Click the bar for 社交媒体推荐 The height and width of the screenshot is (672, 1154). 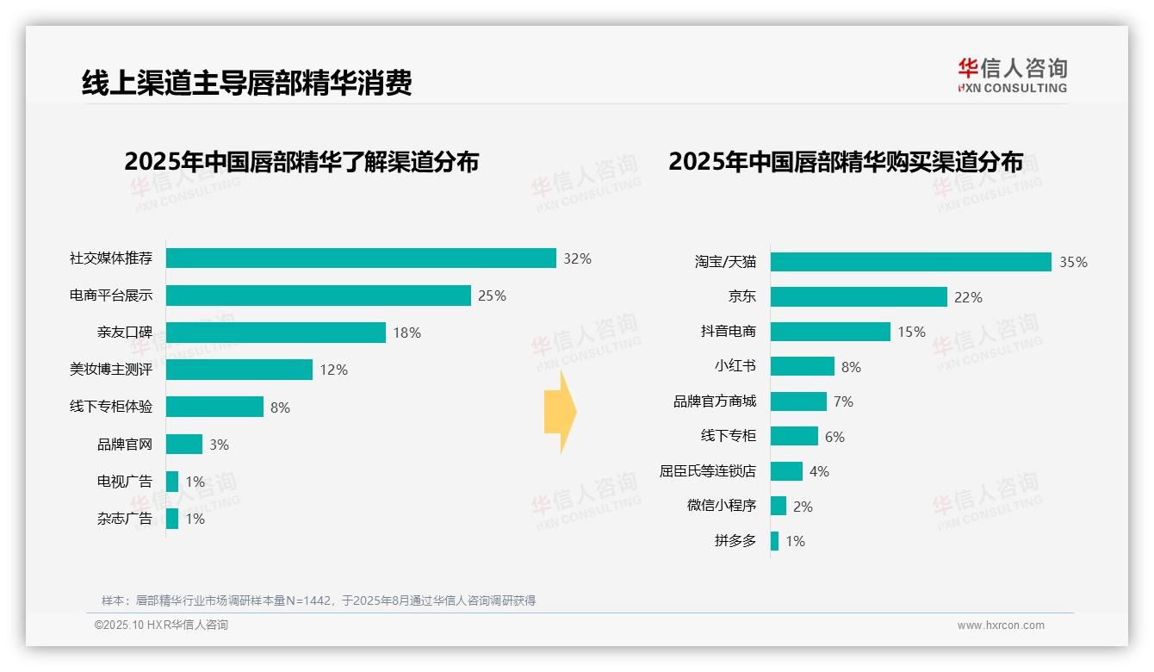[361, 258]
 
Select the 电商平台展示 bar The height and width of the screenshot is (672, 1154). [319, 296]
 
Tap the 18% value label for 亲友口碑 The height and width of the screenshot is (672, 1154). [406, 333]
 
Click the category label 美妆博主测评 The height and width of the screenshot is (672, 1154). [111, 370]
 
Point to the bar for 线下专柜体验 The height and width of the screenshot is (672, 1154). [214, 407]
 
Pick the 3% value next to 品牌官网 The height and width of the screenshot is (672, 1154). [219, 445]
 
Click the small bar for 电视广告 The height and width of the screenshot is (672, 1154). [172, 482]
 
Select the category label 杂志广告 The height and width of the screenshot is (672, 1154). [125, 519]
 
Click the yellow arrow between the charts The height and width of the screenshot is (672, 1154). [560, 412]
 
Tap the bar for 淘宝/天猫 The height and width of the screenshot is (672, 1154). [910, 262]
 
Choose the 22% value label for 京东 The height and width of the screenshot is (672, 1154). [968, 297]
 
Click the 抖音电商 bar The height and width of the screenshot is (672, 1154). [830, 332]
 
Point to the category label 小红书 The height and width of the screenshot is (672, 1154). [735, 366]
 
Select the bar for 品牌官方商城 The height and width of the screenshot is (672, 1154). [798, 401]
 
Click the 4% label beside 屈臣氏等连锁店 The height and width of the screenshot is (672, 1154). [819, 472]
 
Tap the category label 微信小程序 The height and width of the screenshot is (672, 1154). [721, 506]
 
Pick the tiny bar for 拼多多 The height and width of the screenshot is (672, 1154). [774, 541]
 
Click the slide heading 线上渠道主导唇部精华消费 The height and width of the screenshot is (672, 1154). [247, 83]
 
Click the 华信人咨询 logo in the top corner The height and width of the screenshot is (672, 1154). [1012, 75]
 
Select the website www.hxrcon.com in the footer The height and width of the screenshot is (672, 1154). [1001, 625]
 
